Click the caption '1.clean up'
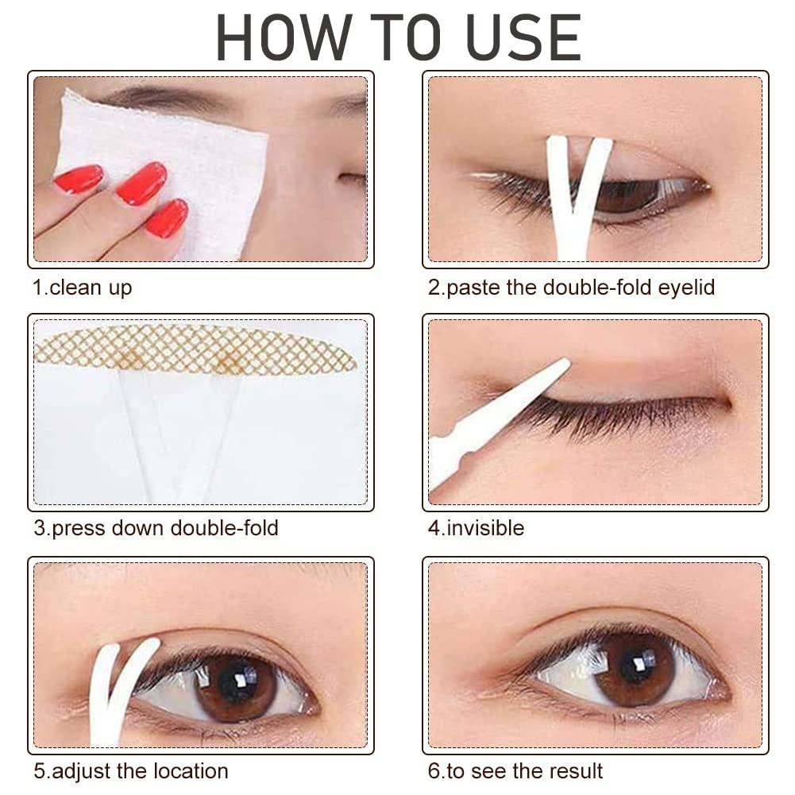[x=83, y=287]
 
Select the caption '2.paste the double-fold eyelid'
[x=571, y=287]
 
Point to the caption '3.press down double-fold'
[x=156, y=527]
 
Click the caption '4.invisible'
[x=476, y=527]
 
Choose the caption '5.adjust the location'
[x=130, y=770]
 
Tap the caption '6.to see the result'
[x=515, y=770]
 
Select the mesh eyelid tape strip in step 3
[x=195, y=349]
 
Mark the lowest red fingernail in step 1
[x=168, y=218]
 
